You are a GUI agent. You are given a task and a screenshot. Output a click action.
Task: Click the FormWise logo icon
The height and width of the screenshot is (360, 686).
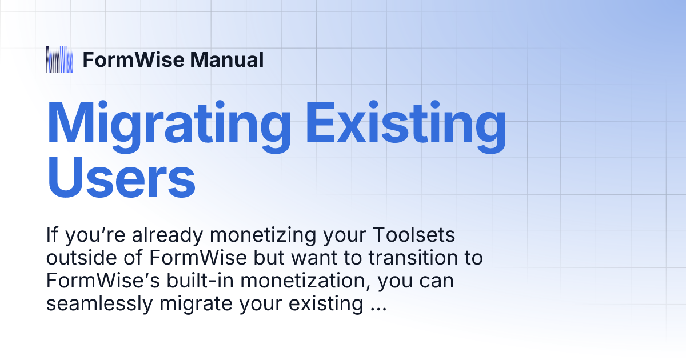[59, 59]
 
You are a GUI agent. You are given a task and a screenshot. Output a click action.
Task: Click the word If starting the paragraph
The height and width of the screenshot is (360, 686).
[53, 235]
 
